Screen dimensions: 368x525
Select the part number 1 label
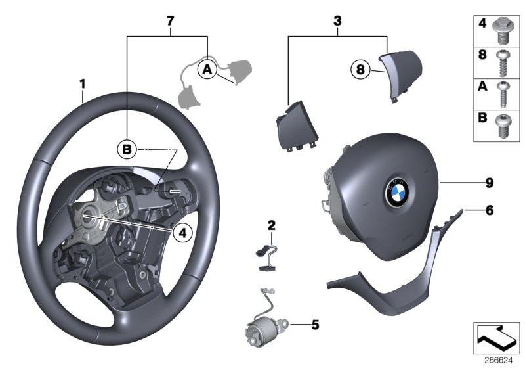(83, 83)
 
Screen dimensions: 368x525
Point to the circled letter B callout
(127, 150)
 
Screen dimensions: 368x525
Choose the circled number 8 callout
(360, 68)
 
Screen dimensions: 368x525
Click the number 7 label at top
(170, 22)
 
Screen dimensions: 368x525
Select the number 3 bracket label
(338, 22)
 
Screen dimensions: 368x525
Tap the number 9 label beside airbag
(489, 182)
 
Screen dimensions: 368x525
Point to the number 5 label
(314, 324)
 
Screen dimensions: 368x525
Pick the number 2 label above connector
(271, 226)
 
